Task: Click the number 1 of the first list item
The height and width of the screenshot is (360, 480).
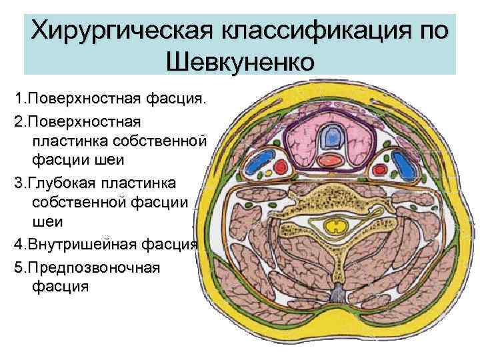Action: (19, 99)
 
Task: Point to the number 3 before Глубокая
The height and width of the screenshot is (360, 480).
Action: (19, 183)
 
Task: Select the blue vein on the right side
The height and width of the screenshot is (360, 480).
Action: (403, 163)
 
